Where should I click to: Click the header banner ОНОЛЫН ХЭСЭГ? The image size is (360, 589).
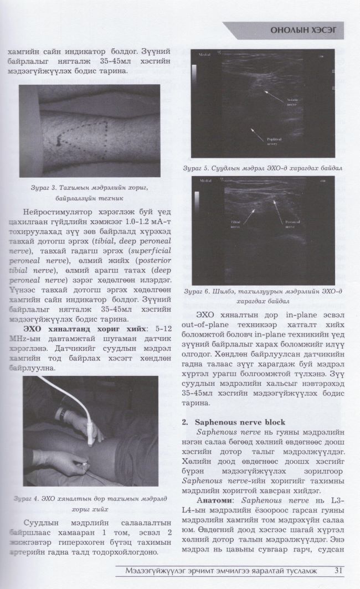pos(299,31)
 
